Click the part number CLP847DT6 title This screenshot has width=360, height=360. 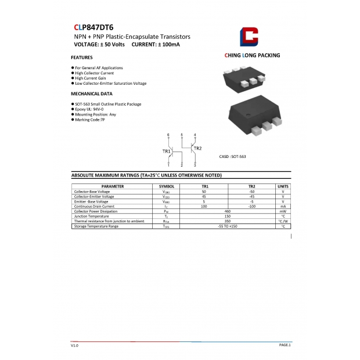pos(93,27)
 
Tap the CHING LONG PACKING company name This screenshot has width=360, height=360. pos(252,56)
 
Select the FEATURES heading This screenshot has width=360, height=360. pos(81,57)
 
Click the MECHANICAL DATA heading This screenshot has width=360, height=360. pos(92,93)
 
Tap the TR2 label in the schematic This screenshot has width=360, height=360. pos(197,149)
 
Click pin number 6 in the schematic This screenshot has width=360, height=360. pos(168,135)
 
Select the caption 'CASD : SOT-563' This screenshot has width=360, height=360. pos(232,157)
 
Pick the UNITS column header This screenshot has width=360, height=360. pos(283,186)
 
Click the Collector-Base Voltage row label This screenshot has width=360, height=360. pos(92,192)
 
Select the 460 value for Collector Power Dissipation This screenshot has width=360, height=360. pos(228,211)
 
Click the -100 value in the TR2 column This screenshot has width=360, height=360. pos(252,206)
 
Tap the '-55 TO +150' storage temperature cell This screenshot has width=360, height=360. pos(228,226)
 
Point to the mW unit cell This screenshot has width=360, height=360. pos(283,211)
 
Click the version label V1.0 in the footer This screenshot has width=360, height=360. pos(74,345)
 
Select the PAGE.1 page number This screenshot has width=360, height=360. pos(285,345)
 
